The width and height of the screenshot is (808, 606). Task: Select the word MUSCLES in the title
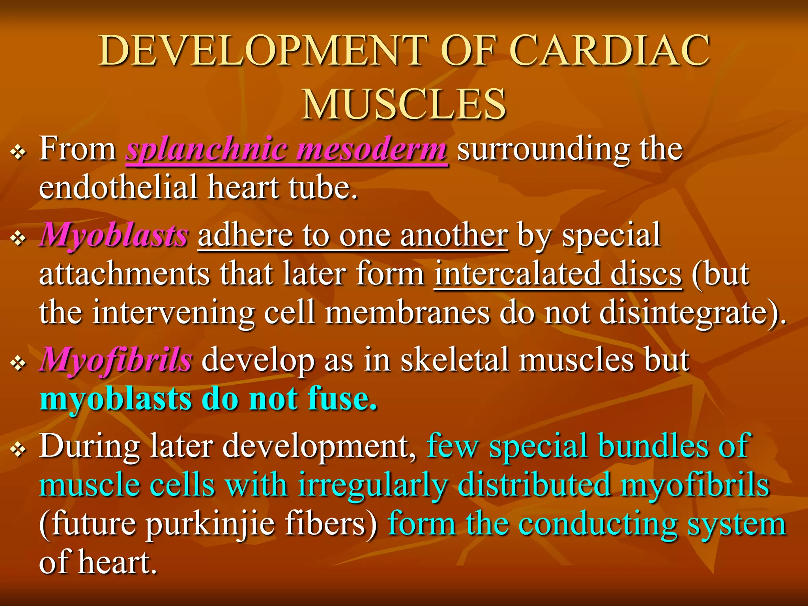tap(404, 105)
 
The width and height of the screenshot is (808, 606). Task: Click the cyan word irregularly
tap(372, 485)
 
